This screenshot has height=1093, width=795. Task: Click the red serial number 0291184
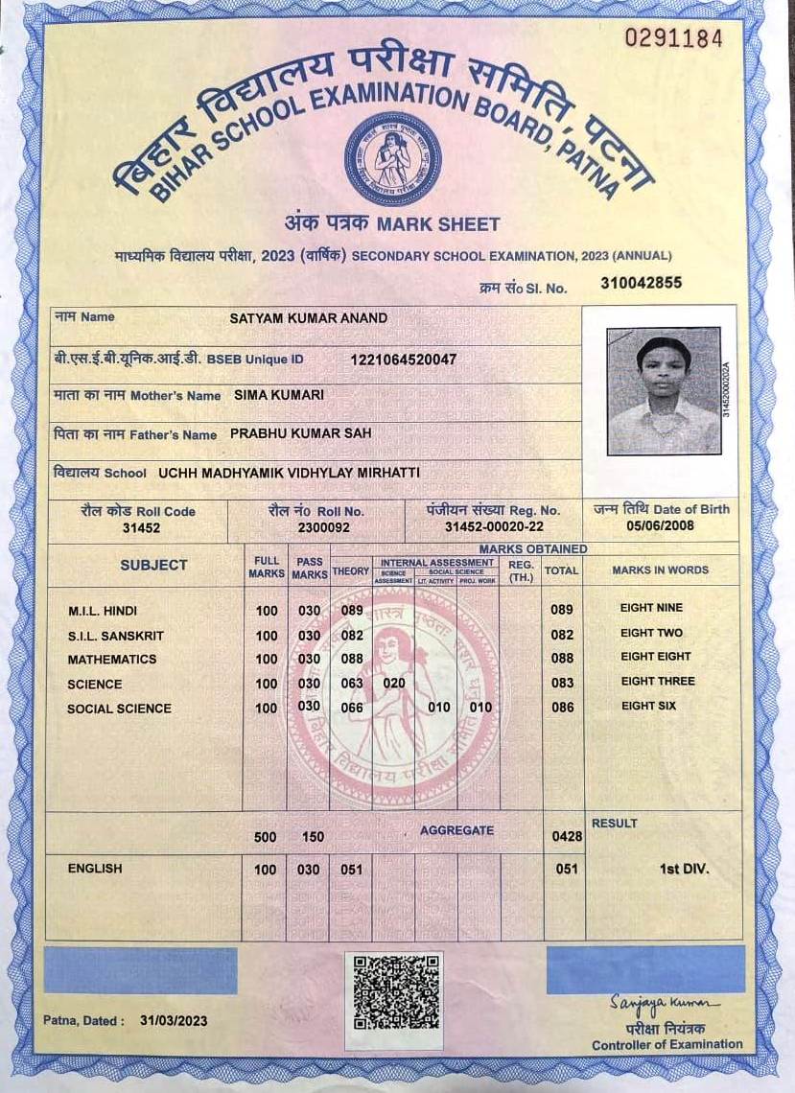point(673,38)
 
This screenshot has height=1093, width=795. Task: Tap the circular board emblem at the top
point(393,158)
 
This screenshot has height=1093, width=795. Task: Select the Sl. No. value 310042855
point(641,283)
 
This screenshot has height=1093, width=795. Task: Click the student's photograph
point(664,390)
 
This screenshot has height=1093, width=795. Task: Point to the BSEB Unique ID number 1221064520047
point(404,360)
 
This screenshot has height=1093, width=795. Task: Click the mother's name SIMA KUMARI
point(279,395)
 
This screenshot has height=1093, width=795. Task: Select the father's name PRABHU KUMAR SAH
point(301,433)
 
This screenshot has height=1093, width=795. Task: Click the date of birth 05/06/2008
point(661,525)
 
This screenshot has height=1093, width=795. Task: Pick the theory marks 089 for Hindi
point(352,610)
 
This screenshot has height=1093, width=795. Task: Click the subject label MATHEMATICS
point(112,660)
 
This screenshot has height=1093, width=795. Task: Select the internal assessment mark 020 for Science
point(394,684)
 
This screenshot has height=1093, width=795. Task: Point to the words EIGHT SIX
point(648,707)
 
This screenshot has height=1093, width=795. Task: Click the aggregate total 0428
point(567,837)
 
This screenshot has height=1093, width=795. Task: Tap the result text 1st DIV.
point(683,869)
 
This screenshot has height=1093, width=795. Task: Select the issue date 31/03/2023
point(174,1021)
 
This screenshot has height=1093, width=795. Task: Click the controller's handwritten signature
point(663,1002)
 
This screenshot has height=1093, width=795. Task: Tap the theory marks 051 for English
point(352,870)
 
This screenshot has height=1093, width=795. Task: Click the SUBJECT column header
point(153,566)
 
